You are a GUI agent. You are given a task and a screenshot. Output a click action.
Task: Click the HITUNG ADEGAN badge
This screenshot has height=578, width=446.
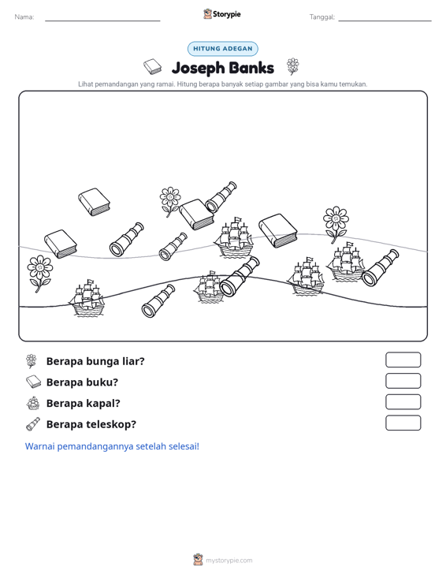[x=222, y=49]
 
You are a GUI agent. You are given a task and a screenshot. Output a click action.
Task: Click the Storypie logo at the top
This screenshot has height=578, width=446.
[x=222, y=14]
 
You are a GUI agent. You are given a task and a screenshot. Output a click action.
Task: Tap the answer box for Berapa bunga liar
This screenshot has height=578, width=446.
[x=403, y=360]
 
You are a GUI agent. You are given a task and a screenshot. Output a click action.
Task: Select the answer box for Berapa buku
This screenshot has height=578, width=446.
[x=403, y=381]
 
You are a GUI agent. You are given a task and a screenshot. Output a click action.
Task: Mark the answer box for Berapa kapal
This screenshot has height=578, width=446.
[x=403, y=402]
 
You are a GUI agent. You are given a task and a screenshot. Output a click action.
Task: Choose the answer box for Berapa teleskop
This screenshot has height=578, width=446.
[x=403, y=423]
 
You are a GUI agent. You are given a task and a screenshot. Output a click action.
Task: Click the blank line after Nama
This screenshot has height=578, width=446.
[x=102, y=21]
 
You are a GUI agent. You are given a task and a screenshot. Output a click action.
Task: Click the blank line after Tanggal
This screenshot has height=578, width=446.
[x=385, y=21]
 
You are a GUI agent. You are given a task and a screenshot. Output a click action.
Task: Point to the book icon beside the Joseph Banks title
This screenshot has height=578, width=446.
[x=152, y=66]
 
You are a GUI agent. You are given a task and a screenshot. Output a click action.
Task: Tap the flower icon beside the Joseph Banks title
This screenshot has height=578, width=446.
[x=293, y=66]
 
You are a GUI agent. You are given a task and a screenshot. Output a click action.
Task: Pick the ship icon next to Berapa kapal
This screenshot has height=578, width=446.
[x=33, y=403]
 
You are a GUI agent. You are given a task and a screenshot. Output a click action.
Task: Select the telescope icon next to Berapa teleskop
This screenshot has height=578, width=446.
[x=33, y=424]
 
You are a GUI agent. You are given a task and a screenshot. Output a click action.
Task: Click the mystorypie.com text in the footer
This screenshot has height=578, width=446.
[x=229, y=561]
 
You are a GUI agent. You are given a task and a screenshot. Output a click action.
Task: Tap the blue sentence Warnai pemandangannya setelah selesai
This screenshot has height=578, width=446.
[x=112, y=446]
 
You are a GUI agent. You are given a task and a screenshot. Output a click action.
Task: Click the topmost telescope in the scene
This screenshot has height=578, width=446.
[x=221, y=197]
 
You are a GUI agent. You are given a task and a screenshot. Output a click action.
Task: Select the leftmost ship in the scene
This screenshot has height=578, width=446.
[x=87, y=298]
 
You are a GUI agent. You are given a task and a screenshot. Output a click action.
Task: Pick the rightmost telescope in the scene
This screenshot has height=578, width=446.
[x=380, y=268]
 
